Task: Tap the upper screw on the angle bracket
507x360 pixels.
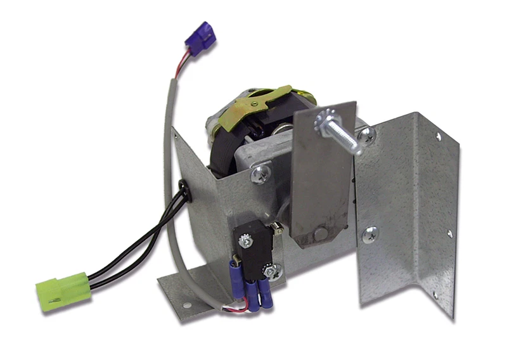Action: pos(366,134)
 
